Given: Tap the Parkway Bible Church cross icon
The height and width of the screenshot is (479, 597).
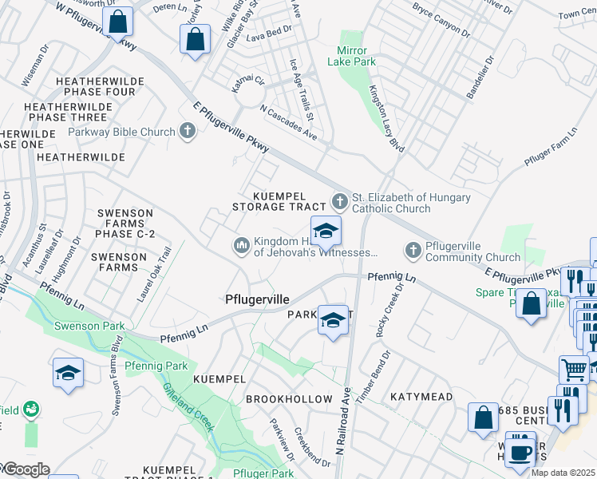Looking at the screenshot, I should (188, 131).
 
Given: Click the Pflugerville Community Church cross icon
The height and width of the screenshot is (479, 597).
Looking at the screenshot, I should (413, 250).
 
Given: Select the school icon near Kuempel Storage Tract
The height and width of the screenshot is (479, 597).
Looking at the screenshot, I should (326, 232).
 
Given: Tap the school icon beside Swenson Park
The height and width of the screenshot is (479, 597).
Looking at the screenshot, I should (69, 373).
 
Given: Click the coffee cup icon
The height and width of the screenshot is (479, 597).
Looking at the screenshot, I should (520, 451).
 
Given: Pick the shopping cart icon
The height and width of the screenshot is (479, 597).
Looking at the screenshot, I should (574, 370).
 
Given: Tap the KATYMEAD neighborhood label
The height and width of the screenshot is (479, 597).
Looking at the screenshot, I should (421, 396).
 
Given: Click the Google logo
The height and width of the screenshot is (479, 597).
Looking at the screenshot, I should (26, 470).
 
